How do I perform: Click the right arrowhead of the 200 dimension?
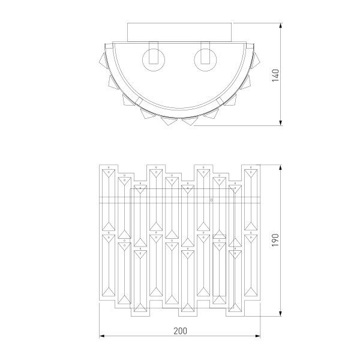[x=259, y=336]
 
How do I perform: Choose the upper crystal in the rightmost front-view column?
[x=251, y=198]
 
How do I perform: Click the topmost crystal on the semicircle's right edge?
[x=259, y=58]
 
